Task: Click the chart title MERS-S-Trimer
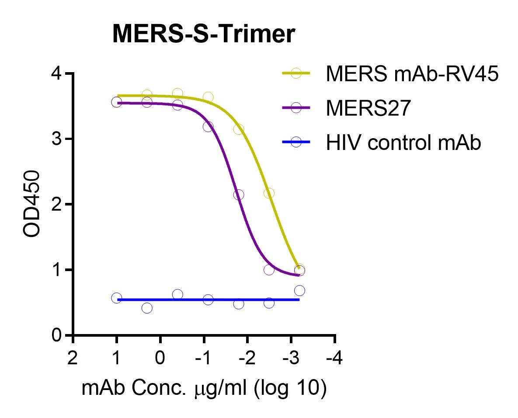pyautogui.click(x=204, y=34)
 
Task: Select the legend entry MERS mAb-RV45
pyautogui.click(x=411, y=74)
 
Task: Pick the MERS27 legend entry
pyautogui.click(x=368, y=108)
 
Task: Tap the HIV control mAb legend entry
pyautogui.click(x=403, y=143)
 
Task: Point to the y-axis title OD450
pyautogui.click(x=33, y=204)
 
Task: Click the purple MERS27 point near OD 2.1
pyautogui.click(x=239, y=195)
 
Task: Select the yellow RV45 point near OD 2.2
pyautogui.click(x=269, y=193)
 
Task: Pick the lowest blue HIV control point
pyautogui.click(x=147, y=308)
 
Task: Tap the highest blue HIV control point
pyautogui.click(x=299, y=291)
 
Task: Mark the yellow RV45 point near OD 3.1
pyautogui.click(x=239, y=130)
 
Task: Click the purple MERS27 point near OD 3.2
pyautogui.click(x=208, y=127)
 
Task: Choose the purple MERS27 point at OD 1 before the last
pyautogui.click(x=269, y=270)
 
